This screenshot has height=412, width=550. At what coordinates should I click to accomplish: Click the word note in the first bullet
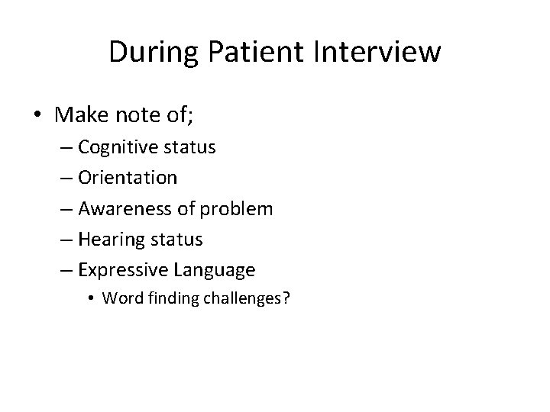(141, 115)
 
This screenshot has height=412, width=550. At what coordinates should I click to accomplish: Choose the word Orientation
(128, 178)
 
